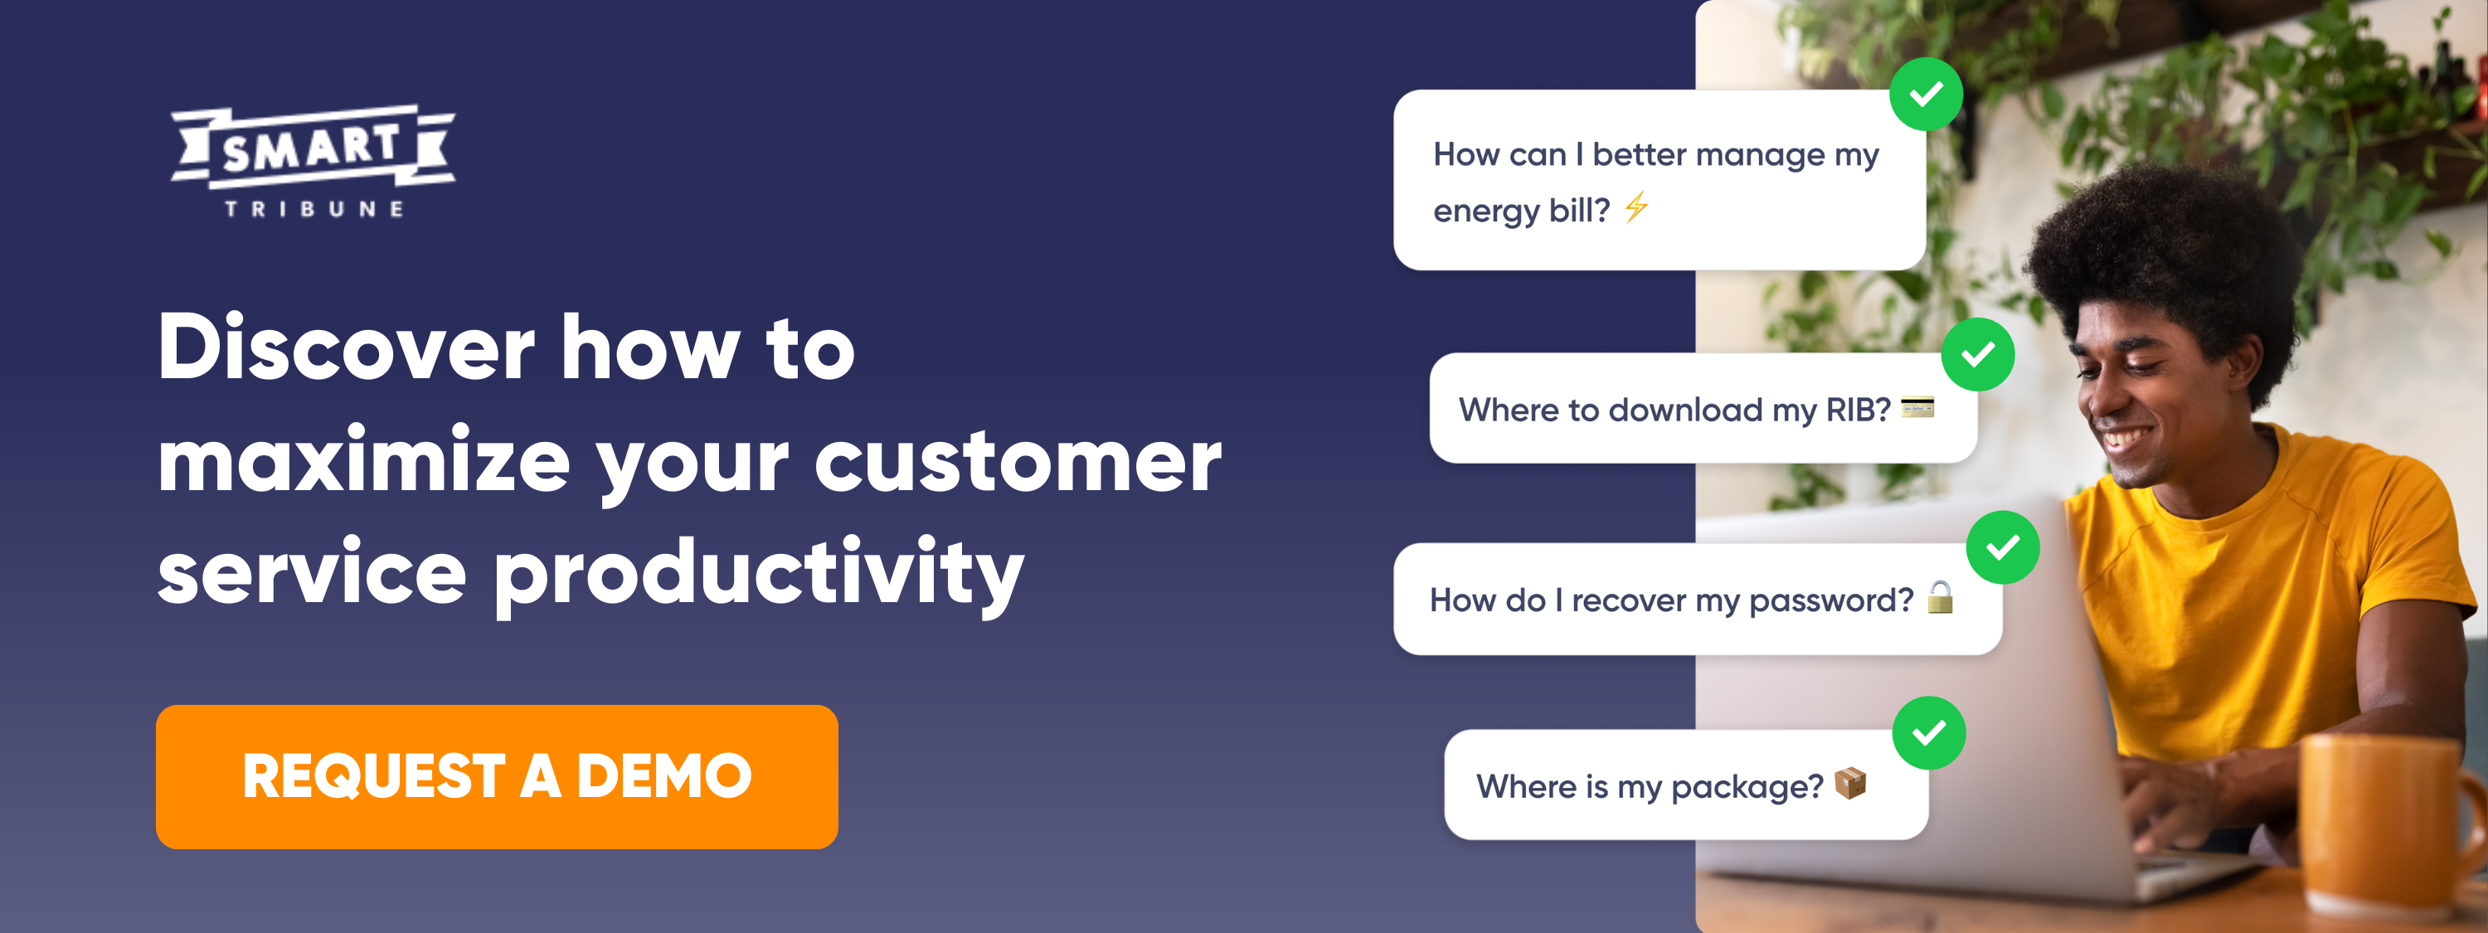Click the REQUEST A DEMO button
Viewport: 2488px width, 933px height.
(497, 776)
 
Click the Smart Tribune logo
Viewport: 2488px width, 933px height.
(313, 161)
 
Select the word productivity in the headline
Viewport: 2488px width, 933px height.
(759, 574)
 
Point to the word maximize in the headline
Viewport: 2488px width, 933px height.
(364, 461)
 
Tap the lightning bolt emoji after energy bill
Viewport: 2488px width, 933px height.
(1636, 207)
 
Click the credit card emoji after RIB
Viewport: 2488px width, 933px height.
(1917, 407)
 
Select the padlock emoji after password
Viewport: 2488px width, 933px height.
(1941, 597)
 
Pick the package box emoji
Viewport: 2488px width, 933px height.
(1849, 783)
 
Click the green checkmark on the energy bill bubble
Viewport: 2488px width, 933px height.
(1926, 94)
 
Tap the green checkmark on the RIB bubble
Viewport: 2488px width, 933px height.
(1978, 354)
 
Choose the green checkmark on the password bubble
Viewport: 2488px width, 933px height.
(2003, 547)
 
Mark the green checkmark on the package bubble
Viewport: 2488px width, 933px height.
(1929, 733)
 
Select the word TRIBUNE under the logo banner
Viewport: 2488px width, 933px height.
(313, 209)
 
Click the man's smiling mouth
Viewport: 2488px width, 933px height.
(2126, 440)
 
